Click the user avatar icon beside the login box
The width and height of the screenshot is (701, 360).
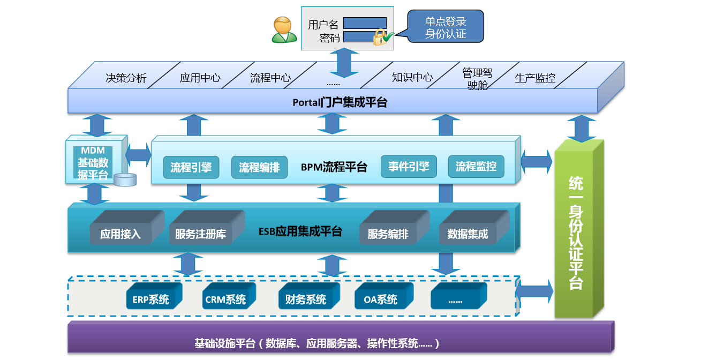tap(284, 29)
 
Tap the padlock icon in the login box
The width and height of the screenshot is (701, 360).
tap(380, 37)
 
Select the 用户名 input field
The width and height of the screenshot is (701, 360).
tap(365, 23)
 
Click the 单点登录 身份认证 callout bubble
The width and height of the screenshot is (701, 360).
tap(445, 27)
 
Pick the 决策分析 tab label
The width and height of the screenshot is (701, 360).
tap(126, 78)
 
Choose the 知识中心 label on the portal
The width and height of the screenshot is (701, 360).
tap(412, 77)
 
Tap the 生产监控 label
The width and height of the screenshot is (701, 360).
tap(534, 78)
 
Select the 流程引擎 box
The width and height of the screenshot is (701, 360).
tap(191, 167)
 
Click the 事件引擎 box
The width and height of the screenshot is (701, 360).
tap(409, 167)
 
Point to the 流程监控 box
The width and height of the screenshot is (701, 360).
tap(476, 167)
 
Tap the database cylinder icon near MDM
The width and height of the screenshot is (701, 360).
tap(125, 179)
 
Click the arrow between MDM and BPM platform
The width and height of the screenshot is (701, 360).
tap(139, 155)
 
